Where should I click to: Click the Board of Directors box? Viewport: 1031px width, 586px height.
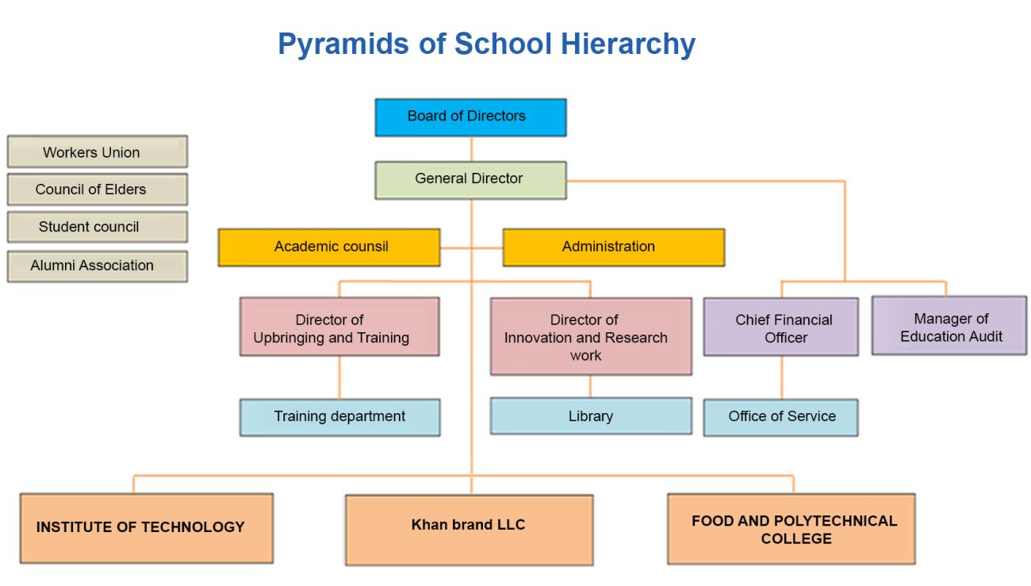470,117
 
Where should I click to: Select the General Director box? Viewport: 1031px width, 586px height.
470,180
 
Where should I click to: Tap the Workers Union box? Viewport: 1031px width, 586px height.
97,151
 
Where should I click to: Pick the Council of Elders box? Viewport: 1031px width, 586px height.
97,190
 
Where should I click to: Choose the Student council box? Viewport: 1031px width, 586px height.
97,227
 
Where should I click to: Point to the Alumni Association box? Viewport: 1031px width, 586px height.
97,266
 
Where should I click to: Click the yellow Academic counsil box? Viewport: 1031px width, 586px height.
329,247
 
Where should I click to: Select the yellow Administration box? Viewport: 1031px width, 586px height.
614,247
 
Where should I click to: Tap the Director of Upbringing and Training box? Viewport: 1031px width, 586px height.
339,327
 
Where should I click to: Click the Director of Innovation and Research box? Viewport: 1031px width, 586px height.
591,336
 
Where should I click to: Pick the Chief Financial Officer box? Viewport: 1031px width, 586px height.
781,327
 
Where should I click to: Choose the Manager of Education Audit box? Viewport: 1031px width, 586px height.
949,325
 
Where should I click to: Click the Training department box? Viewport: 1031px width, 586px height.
339,417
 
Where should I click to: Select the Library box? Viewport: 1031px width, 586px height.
591,416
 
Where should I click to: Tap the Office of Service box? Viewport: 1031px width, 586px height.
781,418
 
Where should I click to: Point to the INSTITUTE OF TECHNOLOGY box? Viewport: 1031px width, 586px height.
147,528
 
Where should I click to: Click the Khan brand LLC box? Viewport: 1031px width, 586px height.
470,530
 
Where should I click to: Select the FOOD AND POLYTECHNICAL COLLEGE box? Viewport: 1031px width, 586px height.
791,528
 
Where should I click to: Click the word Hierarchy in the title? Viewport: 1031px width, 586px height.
628,45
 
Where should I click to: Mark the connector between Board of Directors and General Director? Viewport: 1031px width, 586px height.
471,149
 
